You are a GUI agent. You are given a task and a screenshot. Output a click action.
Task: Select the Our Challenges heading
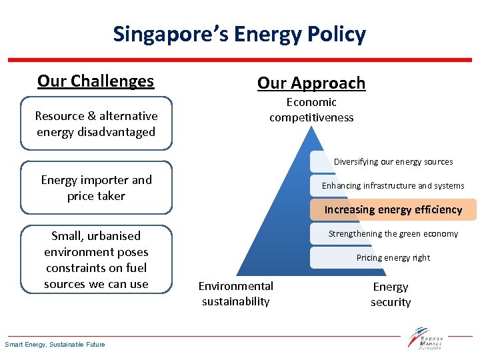pos(95,81)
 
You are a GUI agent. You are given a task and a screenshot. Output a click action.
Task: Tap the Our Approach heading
pos(311,83)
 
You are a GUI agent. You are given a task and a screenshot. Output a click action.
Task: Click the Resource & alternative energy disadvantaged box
pos(96,124)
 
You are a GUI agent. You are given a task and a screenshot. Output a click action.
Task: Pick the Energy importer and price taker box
pos(96,187)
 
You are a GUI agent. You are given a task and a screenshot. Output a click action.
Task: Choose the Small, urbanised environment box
pos(96,259)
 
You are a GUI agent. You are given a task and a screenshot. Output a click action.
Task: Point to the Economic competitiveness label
pos(311,110)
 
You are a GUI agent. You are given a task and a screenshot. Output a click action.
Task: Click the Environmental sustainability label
pos(236,293)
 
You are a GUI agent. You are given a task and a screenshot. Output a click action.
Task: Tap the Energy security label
pos(391,294)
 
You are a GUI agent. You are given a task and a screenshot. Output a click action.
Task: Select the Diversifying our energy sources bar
pos(393,161)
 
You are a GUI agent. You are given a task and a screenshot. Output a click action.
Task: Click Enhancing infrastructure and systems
pos(393,185)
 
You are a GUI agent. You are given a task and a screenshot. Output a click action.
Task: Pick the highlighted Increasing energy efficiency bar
pos(393,209)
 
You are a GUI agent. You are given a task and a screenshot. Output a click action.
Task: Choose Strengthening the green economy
pos(393,233)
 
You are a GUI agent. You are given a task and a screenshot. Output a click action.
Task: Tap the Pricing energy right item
pos(393,257)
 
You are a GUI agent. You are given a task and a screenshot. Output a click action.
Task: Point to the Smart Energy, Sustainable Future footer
pos(55,344)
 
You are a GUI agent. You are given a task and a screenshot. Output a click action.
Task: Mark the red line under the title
pos(240,60)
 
